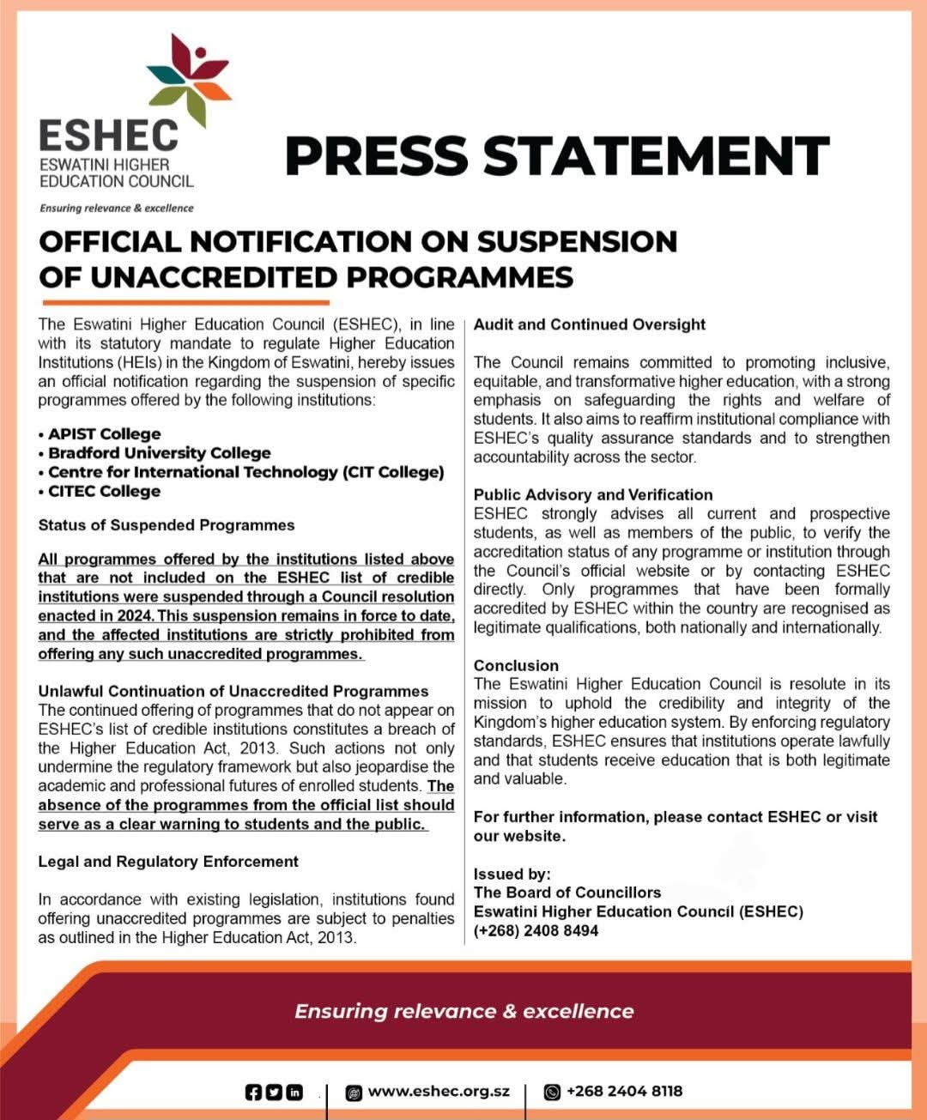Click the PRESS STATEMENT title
pyautogui.click(x=556, y=155)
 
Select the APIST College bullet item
pyautogui.click(x=104, y=434)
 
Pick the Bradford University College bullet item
pyautogui.click(x=159, y=453)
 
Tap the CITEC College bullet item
pyautogui.click(x=104, y=492)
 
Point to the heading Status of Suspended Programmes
pyautogui.click(x=167, y=525)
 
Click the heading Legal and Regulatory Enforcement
pyautogui.click(x=168, y=862)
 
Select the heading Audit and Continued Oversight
pyautogui.click(x=590, y=324)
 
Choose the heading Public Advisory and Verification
pyautogui.click(x=593, y=495)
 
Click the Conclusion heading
pyautogui.click(x=516, y=666)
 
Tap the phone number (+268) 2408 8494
pyautogui.click(x=536, y=931)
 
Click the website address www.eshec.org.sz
pyautogui.click(x=439, y=1092)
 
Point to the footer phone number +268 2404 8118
pyautogui.click(x=624, y=1092)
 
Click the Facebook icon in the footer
pyautogui.click(x=253, y=1092)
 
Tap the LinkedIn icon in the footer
pyautogui.click(x=294, y=1092)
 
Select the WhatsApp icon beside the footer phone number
pyautogui.click(x=553, y=1092)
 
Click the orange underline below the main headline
pyautogui.click(x=185, y=303)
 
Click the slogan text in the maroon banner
pyautogui.click(x=463, y=1011)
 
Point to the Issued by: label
pyautogui.click(x=512, y=875)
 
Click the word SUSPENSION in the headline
pyautogui.click(x=577, y=242)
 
